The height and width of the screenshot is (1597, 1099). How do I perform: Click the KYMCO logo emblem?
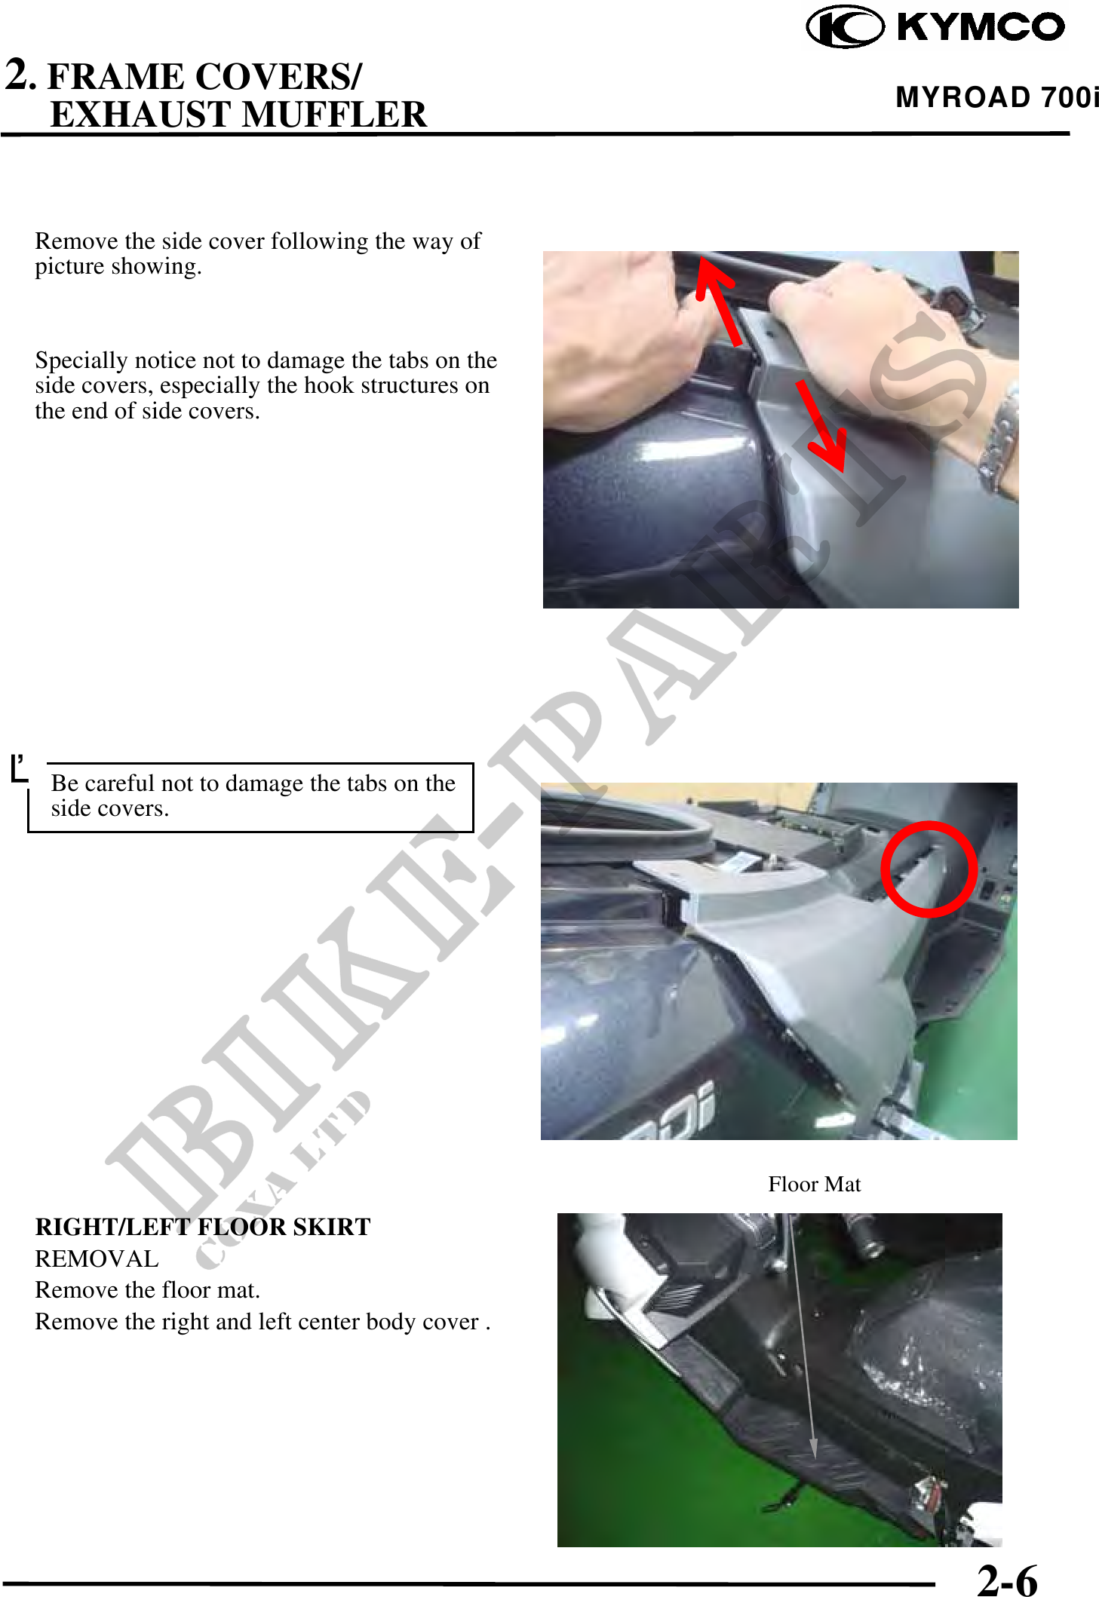click(x=845, y=27)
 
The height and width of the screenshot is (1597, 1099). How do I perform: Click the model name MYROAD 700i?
click(x=997, y=97)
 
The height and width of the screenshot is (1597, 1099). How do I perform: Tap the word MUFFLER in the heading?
click(x=334, y=115)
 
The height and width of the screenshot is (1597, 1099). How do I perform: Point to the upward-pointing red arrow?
click(x=720, y=299)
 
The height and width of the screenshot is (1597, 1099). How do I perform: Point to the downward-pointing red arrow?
click(x=821, y=426)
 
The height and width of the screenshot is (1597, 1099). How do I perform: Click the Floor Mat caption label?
click(x=814, y=1184)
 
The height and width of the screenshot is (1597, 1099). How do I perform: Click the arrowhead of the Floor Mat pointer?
click(x=813, y=1448)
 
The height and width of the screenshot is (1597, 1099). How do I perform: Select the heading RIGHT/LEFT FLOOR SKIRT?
click(x=203, y=1227)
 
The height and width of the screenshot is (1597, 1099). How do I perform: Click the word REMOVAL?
click(x=97, y=1258)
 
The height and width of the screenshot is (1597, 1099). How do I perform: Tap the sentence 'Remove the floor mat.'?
click(x=148, y=1290)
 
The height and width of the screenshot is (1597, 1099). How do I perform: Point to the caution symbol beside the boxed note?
click(x=19, y=768)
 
